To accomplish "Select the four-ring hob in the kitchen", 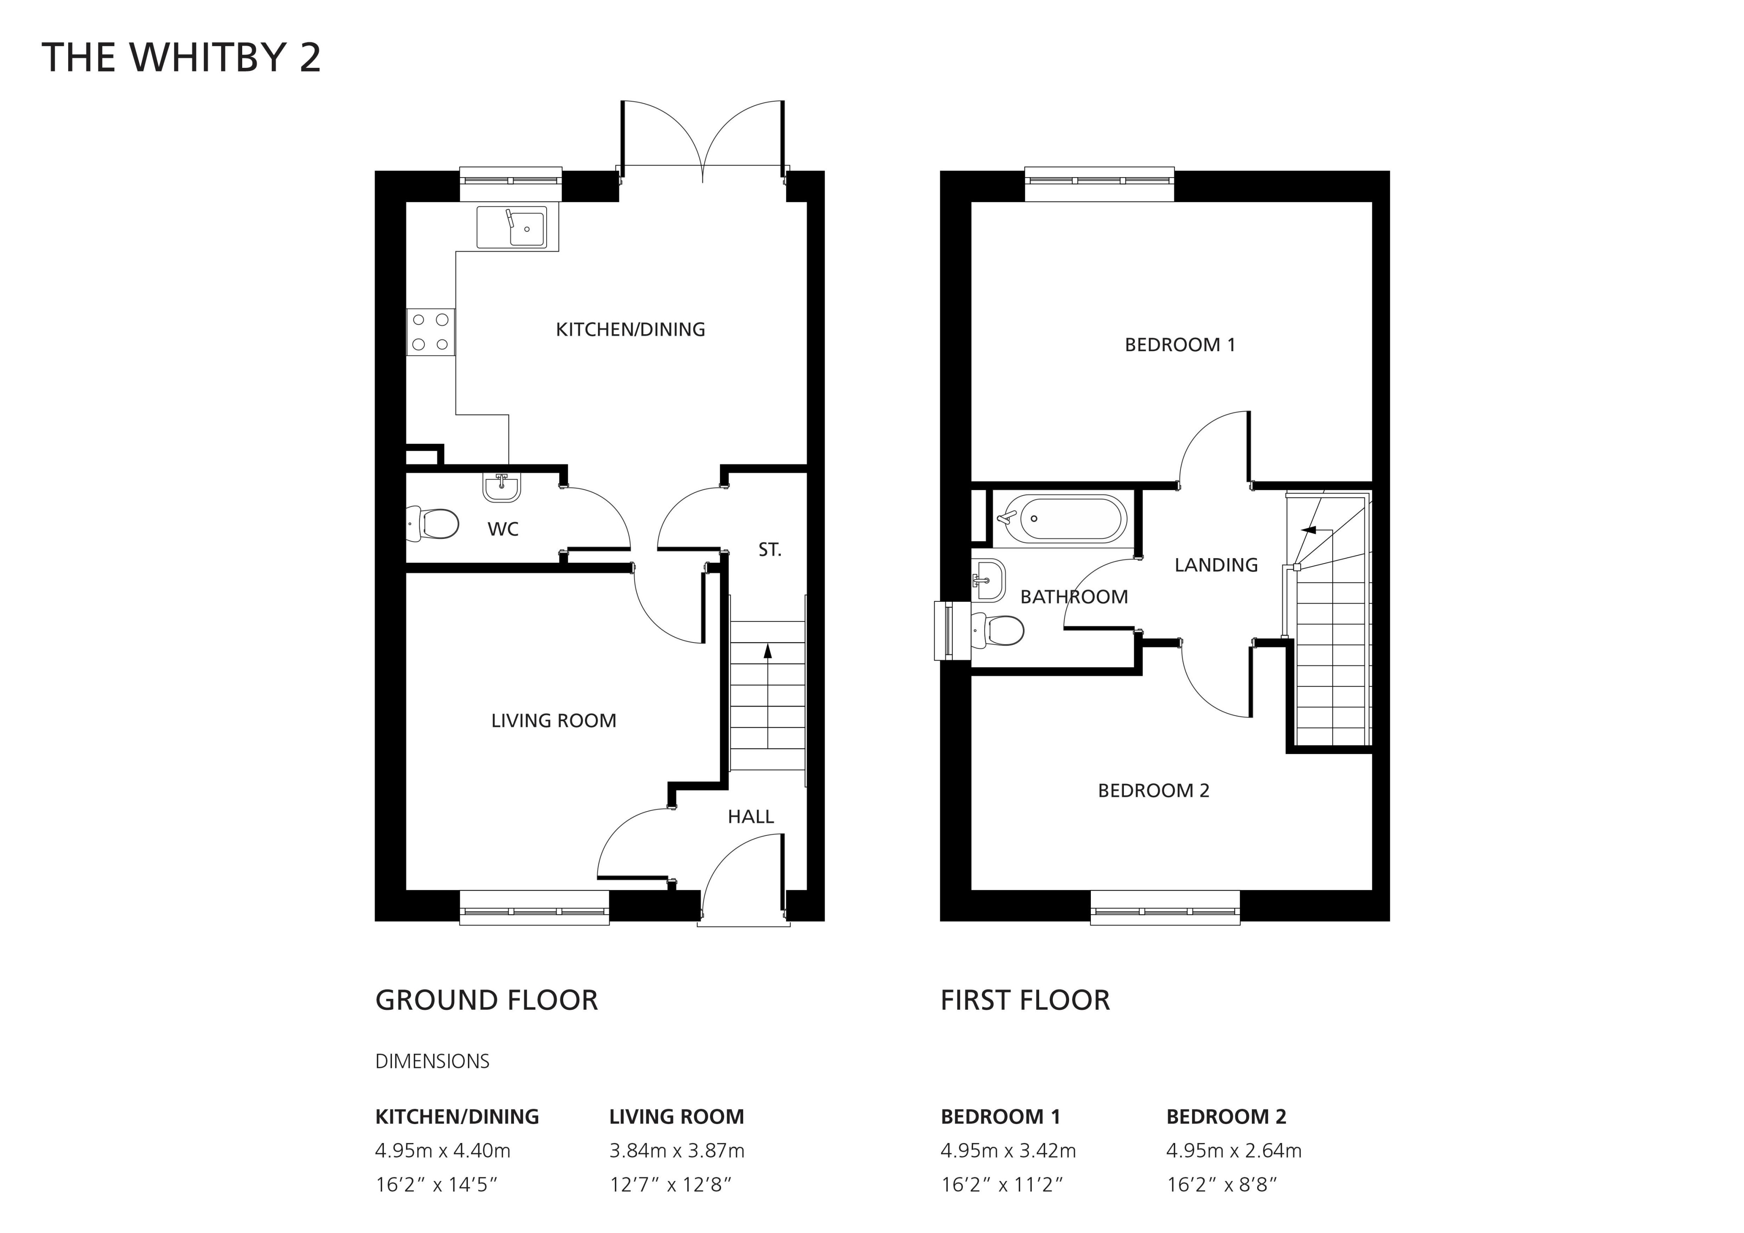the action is coord(430,332).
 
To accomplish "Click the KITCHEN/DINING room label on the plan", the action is coord(631,329).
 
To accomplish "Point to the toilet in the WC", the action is coord(433,524).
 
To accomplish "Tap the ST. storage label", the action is coord(769,550).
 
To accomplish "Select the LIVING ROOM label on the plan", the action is coord(554,720).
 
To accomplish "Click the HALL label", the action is coord(750,817).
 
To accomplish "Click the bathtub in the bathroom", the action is coord(1062,518).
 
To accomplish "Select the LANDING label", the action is coord(1216,565).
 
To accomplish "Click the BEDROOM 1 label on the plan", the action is coord(1180,345).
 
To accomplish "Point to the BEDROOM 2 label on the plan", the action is coord(1153,790).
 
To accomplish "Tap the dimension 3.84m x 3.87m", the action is coord(677,1151).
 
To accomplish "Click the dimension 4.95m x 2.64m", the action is coord(1234,1151).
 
